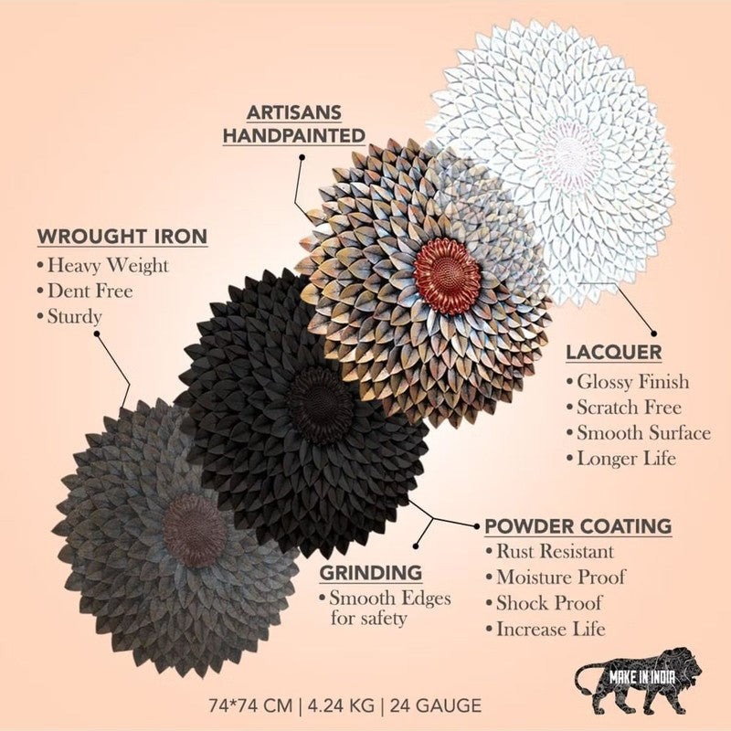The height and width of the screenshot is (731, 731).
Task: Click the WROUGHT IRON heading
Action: [x=122, y=236]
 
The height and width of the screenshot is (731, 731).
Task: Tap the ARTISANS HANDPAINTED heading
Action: [x=294, y=124]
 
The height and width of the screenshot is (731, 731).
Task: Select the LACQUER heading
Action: [x=613, y=353]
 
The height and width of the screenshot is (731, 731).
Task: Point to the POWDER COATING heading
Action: [x=578, y=526]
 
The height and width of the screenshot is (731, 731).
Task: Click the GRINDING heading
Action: [x=371, y=573]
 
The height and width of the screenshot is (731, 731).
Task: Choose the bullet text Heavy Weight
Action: [x=108, y=265]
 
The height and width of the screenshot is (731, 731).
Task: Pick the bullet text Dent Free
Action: [x=90, y=291]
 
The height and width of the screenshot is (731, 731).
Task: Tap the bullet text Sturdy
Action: [x=75, y=316]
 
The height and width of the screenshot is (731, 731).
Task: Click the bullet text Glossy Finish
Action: [x=632, y=382]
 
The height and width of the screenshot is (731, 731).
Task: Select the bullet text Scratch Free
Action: [x=629, y=408]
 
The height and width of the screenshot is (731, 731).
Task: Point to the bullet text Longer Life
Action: [x=626, y=459]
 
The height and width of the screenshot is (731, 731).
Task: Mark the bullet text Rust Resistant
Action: [x=555, y=552]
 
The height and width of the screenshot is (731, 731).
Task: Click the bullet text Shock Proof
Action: [x=548, y=603]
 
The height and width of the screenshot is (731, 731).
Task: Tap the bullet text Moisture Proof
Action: [x=560, y=577]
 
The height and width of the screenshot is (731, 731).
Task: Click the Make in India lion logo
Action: [x=638, y=681]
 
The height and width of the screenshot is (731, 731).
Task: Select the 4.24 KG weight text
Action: [x=341, y=705]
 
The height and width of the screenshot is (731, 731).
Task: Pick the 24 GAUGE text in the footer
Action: [x=436, y=705]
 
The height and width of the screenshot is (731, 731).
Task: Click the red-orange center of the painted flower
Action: [x=447, y=277]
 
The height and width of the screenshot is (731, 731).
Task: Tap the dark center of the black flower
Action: [x=321, y=404]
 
